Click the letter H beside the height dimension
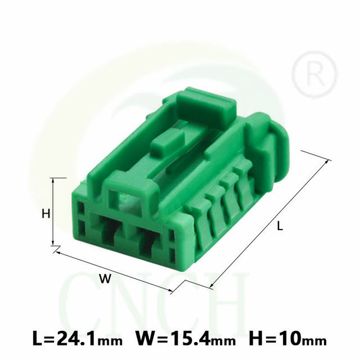tap(46, 214)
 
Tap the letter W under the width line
tap(105, 278)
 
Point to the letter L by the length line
tap(280, 226)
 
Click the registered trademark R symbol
tap(314, 74)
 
